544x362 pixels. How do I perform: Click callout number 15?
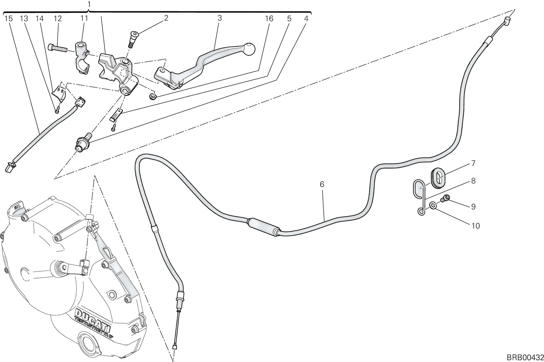(x=8, y=19)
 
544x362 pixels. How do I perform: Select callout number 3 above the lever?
(x=220, y=18)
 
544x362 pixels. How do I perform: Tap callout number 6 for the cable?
(x=322, y=184)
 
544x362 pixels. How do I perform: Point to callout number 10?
(x=476, y=226)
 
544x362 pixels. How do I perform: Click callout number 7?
(x=473, y=163)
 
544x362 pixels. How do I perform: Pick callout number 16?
(x=269, y=19)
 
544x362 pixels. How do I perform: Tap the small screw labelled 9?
(x=445, y=199)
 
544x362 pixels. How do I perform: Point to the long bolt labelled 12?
(x=58, y=49)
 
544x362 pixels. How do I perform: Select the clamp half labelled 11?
(x=82, y=57)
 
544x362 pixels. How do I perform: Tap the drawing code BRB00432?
(x=525, y=357)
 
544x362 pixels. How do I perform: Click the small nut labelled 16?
(x=153, y=96)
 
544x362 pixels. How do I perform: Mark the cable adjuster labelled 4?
(x=82, y=143)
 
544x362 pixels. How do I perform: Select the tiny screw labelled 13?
(x=57, y=110)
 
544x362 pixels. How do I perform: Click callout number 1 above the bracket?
(x=89, y=4)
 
